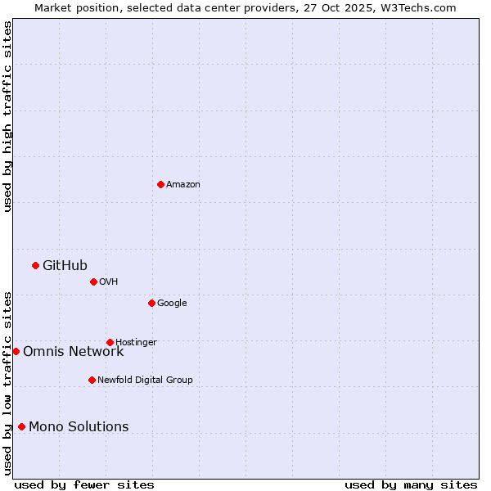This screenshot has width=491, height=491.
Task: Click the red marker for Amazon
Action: click(160, 184)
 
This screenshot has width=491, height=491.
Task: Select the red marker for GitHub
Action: click(35, 265)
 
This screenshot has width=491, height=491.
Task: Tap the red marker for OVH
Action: click(93, 282)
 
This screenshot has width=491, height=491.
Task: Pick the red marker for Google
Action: click(151, 303)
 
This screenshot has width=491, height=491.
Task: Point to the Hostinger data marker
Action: click(110, 342)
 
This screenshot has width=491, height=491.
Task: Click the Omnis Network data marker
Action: click(16, 351)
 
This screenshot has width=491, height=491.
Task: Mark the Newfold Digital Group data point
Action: click(92, 380)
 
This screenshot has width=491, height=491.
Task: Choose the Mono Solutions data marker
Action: click(21, 426)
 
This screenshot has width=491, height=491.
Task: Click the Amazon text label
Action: click(183, 185)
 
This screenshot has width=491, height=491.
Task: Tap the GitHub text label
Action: click(65, 265)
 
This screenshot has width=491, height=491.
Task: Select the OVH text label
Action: click(109, 282)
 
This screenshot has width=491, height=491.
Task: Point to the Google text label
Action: click(172, 304)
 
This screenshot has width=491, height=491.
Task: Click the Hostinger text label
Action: click(136, 343)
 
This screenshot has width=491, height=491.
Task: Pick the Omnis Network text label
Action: click(73, 352)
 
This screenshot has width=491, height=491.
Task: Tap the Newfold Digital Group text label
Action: click(145, 381)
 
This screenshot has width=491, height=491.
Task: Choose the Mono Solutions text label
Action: click(79, 427)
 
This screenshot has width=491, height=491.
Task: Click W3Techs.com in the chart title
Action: click(421, 7)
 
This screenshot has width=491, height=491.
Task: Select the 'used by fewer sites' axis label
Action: click(84, 484)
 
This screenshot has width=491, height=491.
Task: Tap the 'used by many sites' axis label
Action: click(411, 484)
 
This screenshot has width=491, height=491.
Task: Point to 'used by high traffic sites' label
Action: click(7, 116)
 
